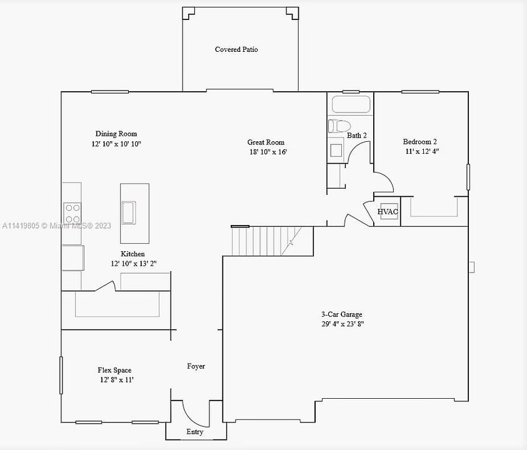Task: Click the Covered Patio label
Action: pos(236,49)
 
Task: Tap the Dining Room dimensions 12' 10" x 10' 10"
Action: pos(116,144)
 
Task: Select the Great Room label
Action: pos(266,142)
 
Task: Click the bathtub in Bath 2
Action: pos(351,104)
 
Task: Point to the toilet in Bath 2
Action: pos(339,126)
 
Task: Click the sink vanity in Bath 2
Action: pos(336,150)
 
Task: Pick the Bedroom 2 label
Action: pos(419,141)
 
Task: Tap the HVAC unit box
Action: pos(389,211)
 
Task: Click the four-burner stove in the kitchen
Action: pos(73,213)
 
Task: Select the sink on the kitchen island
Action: pos(129,212)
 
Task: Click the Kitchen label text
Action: pos(133,254)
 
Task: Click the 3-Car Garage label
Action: pos(342,314)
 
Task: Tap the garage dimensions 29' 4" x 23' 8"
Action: pos(343,324)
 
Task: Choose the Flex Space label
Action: pos(114,370)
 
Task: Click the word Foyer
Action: pos(196,366)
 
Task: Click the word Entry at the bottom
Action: pos(194,431)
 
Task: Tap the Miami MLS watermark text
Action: pos(56,226)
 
